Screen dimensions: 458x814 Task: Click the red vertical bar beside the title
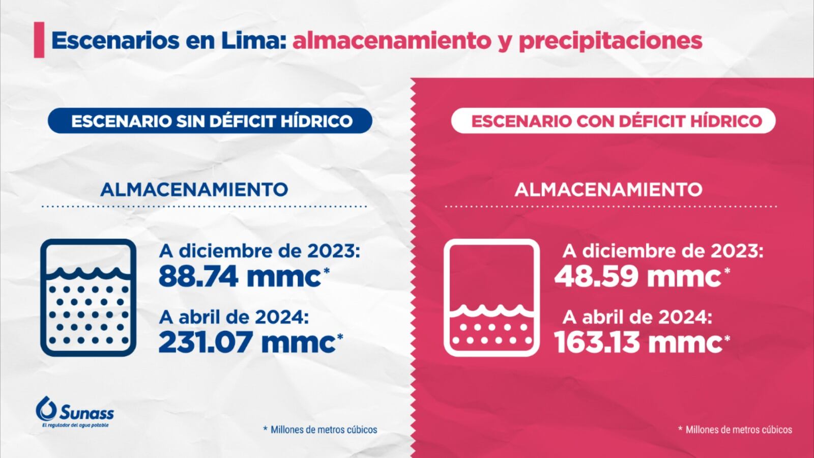coord(39,40)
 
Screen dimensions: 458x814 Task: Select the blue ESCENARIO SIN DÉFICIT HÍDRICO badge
coord(210,121)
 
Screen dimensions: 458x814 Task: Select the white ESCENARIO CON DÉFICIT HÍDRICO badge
coord(614,121)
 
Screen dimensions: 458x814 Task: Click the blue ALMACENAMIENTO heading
coord(194,189)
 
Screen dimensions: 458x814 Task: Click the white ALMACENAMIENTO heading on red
coord(608,189)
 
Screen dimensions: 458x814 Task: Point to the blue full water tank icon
coord(88,297)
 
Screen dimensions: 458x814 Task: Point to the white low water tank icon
coord(491,297)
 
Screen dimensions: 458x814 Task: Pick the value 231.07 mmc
coord(247,342)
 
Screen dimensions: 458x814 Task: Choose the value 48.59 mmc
coord(638,277)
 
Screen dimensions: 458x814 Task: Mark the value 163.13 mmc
coord(638,342)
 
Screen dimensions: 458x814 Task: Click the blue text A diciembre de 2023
coord(259,251)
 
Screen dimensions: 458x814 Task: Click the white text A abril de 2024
coord(637,318)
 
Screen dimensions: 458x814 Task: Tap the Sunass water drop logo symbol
coord(46,408)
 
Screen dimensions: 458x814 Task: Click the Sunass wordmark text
coord(86,412)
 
